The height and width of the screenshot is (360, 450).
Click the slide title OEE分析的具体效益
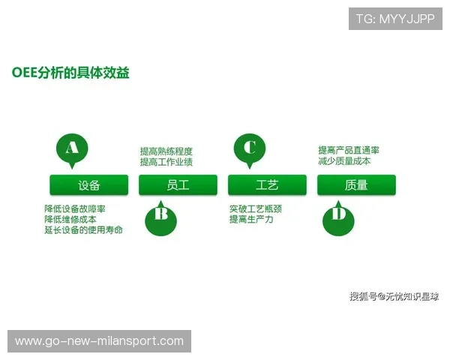coord(70,73)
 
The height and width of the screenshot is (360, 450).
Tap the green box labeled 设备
coord(88,185)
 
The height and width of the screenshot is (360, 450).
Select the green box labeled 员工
coord(178,185)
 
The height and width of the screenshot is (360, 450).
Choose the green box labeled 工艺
coord(267,185)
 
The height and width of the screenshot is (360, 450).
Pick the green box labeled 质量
coord(356,185)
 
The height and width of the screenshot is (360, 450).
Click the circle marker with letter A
coord(72,148)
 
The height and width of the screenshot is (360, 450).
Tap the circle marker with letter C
coord(250,148)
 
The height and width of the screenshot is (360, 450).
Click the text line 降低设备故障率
coord(75,208)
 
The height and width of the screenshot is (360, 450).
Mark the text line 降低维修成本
coord(70,219)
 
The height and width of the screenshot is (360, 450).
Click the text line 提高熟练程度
coord(166,151)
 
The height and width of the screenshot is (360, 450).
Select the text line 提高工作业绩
coord(166,161)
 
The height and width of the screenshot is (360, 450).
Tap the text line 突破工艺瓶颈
coord(256,208)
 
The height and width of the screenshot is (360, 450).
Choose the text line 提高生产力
coord(251,219)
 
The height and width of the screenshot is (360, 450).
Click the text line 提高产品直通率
coord(349,150)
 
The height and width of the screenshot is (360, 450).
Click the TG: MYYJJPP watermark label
coord(395,19)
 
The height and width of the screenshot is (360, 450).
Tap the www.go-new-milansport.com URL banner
coord(99,341)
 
